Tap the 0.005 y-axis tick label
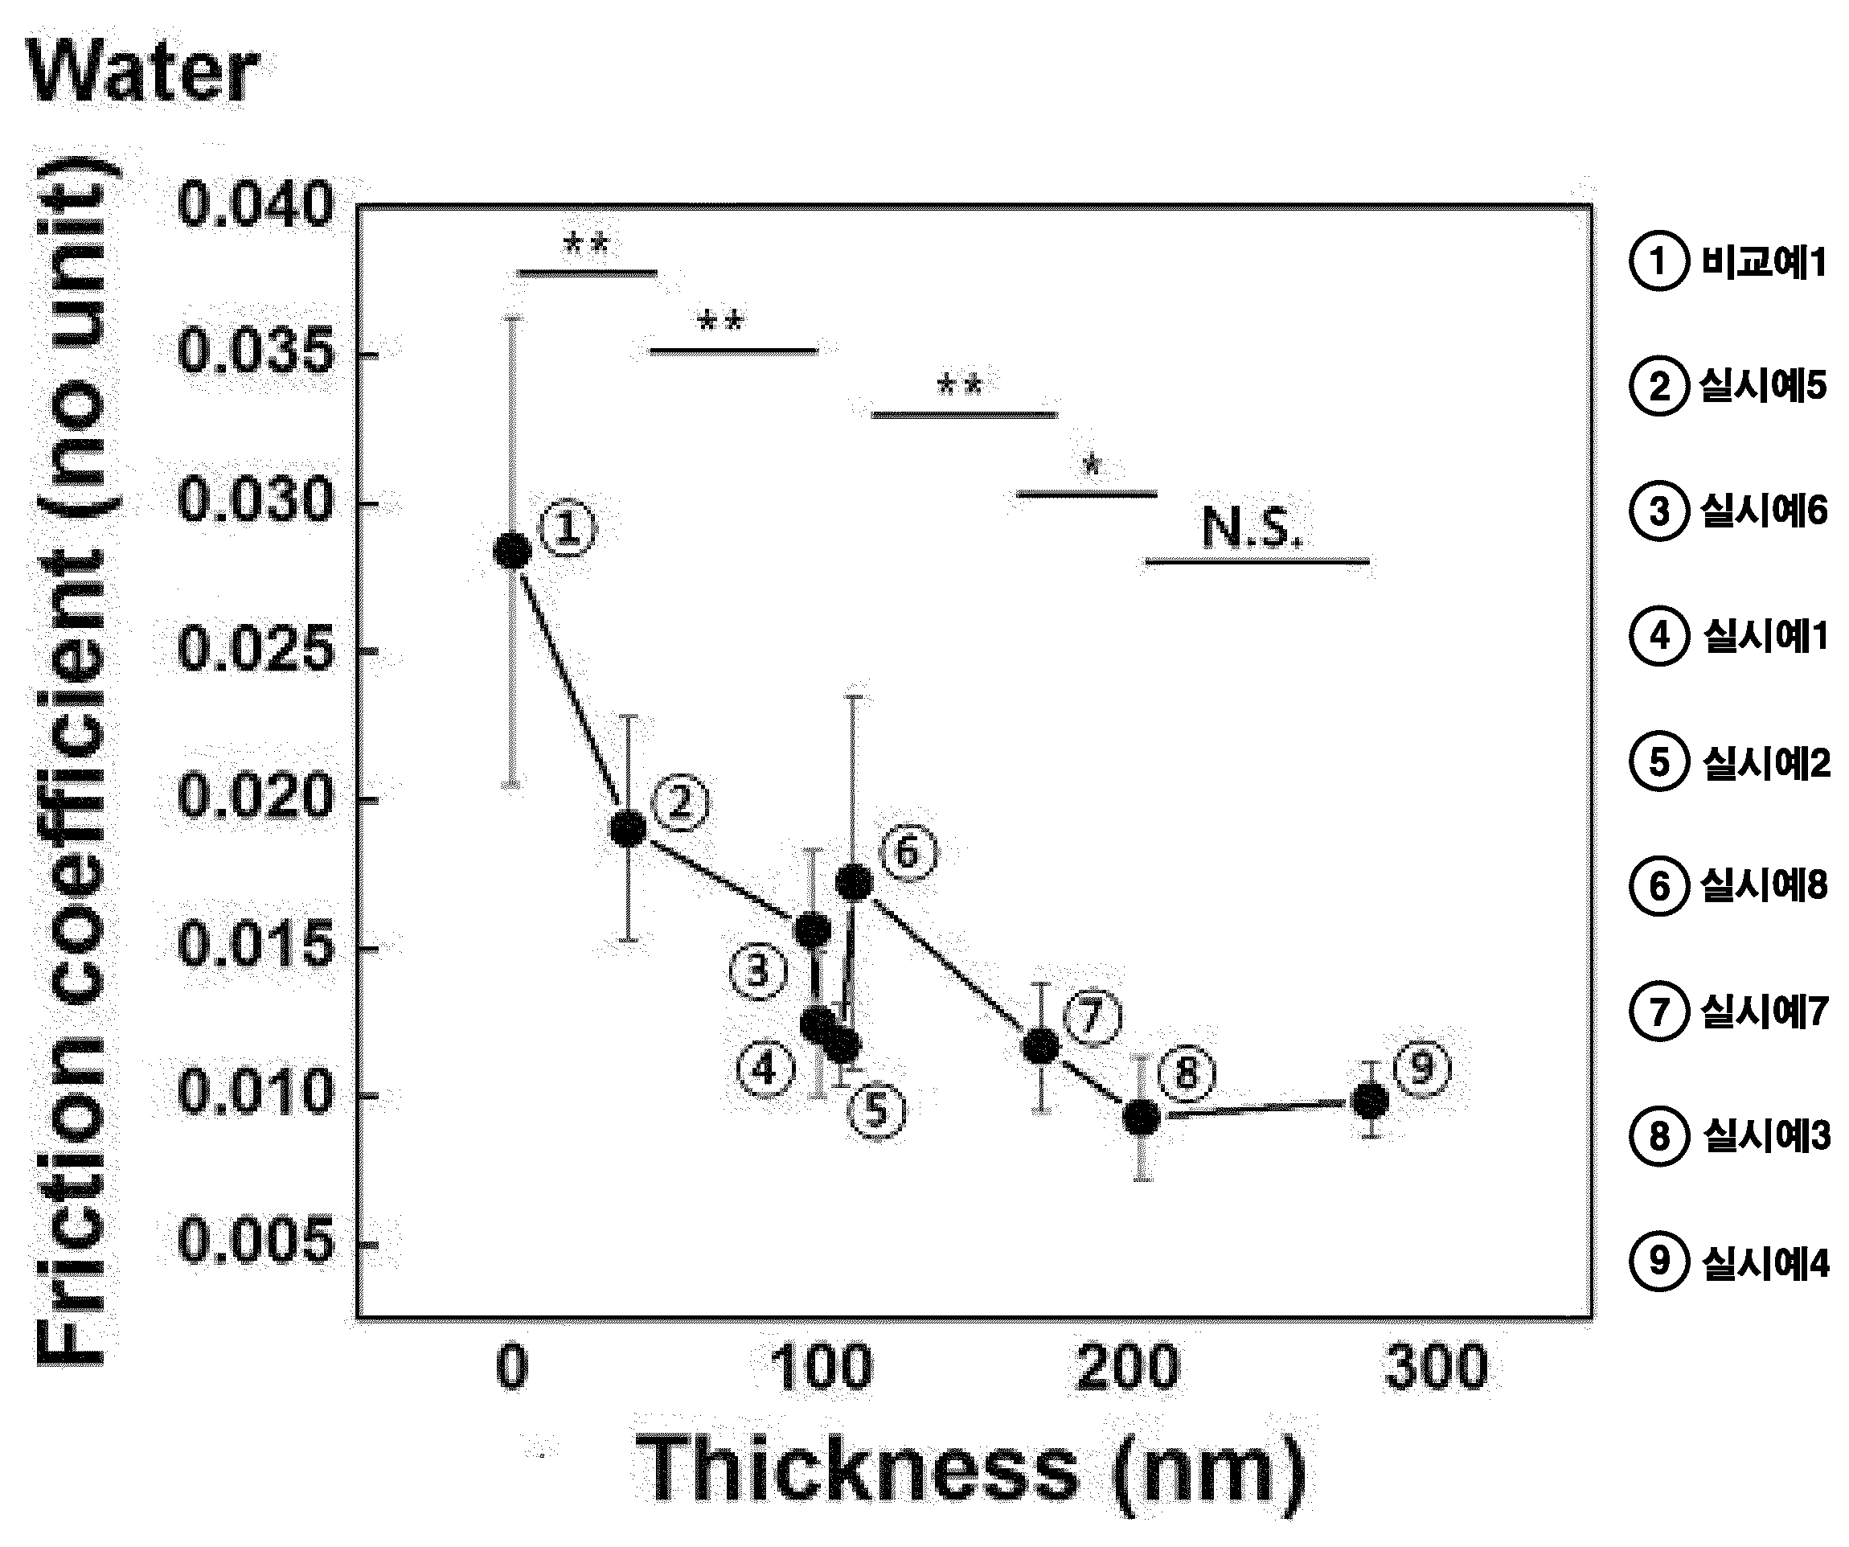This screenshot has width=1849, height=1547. [x=256, y=1241]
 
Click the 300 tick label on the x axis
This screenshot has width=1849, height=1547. [x=1436, y=1368]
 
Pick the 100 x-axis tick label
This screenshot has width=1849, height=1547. [x=821, y=1368]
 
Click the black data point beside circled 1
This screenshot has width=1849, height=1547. [x=512, y=552]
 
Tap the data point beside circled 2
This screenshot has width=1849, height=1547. [x=628, y=828]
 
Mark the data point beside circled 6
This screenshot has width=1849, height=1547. [x=853, y=882]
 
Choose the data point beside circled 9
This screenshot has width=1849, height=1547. [x=1370, y=1101]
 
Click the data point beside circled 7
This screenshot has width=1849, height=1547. [x=1041, y=1046]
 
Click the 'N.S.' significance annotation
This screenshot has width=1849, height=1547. [x=1251, y=527]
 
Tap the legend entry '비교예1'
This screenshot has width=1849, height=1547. [x=1728, y=261]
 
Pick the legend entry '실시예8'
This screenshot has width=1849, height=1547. [x=1728, y=886]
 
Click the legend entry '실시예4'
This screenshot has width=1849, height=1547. [x=1729, y=1262]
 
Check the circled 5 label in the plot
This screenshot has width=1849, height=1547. [x=876, y=1110]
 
